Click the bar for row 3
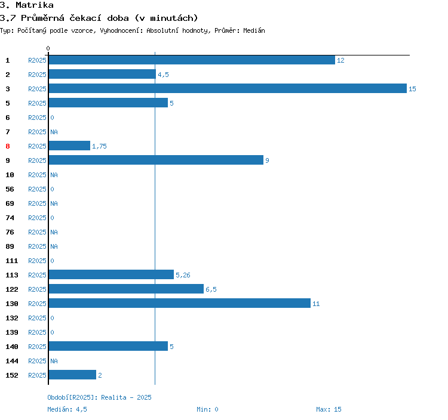[228, 88]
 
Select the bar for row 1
[192, 60]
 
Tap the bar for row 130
[179, 303]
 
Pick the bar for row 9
[156, 160]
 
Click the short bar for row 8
[69, 146]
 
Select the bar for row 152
[72, 375]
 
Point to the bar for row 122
[126, 289]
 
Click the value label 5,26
[182, 275]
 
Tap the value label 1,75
[99, 146]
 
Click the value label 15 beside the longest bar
[412, 89]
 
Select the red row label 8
[8, 146]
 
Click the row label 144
[12, 361]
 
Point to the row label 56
[10, 189]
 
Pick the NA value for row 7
[54, 132]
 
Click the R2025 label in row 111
[37, 261]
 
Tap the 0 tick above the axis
[48, 48]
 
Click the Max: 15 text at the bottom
[329, 409]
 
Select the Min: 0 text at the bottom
[207, 409]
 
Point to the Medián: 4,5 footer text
[67, 409]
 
